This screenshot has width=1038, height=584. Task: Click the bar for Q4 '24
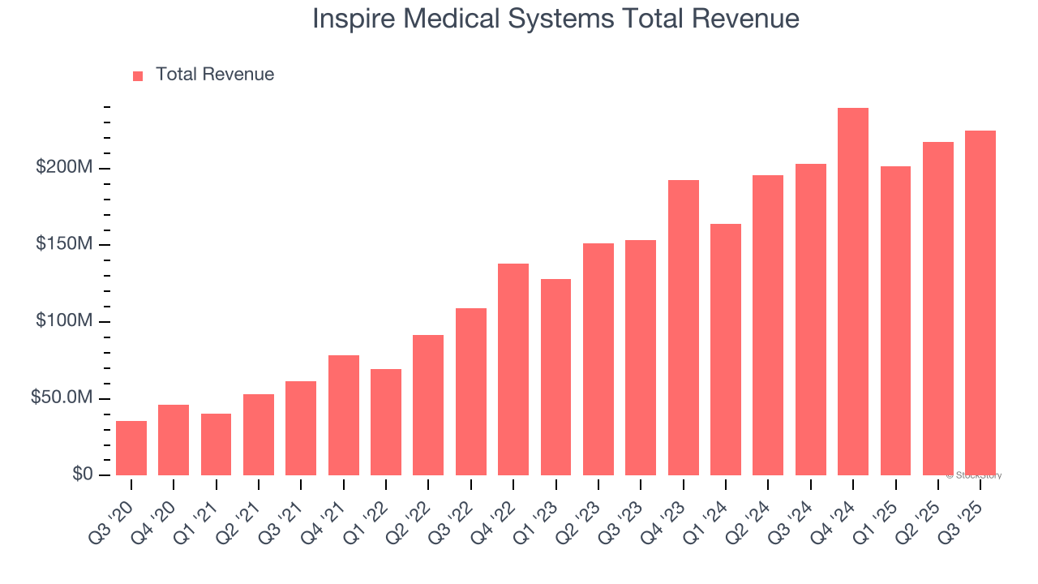click(x=853, y=292)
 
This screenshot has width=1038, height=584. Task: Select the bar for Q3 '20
click(x=131, y=448)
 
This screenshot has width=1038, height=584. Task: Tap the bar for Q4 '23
click(x=684, y=328)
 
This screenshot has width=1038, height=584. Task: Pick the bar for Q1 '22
click(x=386, y=422)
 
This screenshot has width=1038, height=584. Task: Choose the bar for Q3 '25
click(x=980, y=303)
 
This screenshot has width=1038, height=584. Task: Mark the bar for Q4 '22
click(x=513, y=369)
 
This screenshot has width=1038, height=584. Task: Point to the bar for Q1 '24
click(x=726, y=350)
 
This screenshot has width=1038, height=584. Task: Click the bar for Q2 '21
click(x=259, y=435)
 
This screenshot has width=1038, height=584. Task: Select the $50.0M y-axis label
click(x=62, y=398)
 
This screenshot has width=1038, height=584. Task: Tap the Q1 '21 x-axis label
click(x=206, y=510)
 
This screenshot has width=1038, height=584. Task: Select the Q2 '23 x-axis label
click(x=588, y=510)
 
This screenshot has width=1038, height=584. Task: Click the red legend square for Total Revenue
click(x=138, y=75)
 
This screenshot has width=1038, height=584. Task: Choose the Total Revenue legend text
click(x=215, y=75)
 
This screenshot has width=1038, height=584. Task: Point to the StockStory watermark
click(x=974, y=475)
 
